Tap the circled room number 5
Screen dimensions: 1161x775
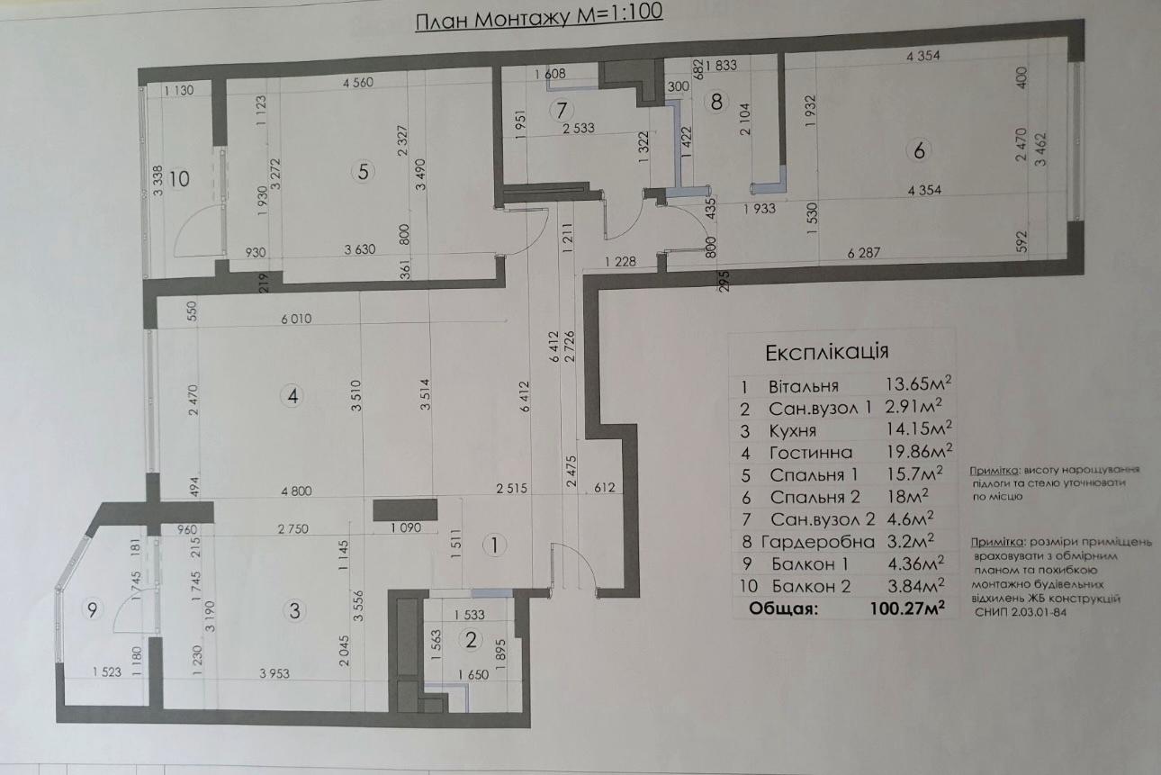pos(363,172)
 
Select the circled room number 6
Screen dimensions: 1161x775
pos(919,151)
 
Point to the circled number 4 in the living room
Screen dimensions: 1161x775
pos(292,397)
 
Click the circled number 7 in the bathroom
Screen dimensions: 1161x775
pos(562,111)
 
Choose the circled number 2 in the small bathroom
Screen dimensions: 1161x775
pos(471,640)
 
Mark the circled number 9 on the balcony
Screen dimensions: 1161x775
pos(93,609)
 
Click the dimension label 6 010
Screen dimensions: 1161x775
pos(296,319)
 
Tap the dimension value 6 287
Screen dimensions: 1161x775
pos(863,253)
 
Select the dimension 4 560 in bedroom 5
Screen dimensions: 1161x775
pos(358,83)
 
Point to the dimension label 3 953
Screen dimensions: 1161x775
pos(274,673)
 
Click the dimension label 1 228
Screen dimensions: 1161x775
pos(620,262)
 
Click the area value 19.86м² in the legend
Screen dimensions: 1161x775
pos(919,451)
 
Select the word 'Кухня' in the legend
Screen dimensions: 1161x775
pos(793,431)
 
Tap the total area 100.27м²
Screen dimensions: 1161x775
pos(907,608)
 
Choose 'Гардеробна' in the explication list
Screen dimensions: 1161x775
pos(818,542)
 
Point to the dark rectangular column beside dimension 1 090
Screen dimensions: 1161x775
pos(405,509)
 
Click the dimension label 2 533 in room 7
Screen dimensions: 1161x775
pos(579,128)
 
